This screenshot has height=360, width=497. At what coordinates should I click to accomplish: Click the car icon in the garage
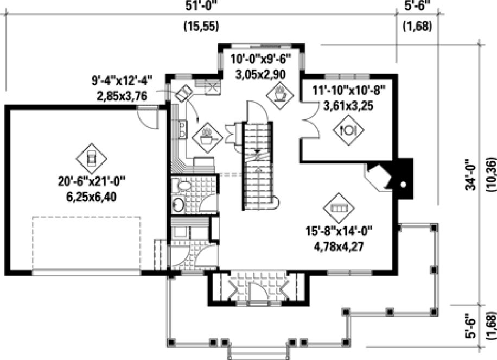[90, 157]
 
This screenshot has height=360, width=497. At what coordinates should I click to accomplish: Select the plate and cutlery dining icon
[347, 129]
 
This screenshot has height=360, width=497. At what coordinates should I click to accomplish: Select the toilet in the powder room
[177, 205]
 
